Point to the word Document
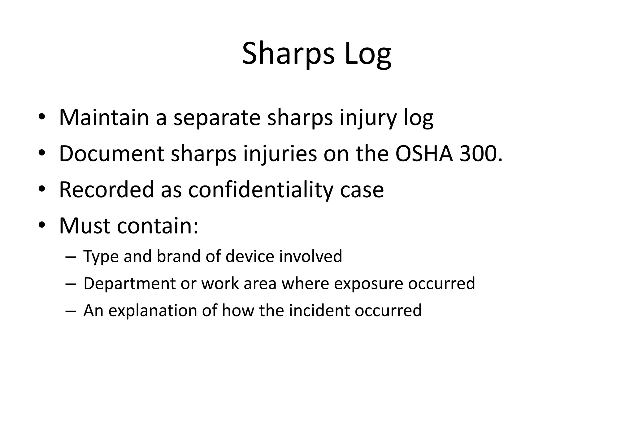coord(111,154)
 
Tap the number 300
coord(479,154)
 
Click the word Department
coord(129,284)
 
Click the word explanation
coord(153,311)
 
